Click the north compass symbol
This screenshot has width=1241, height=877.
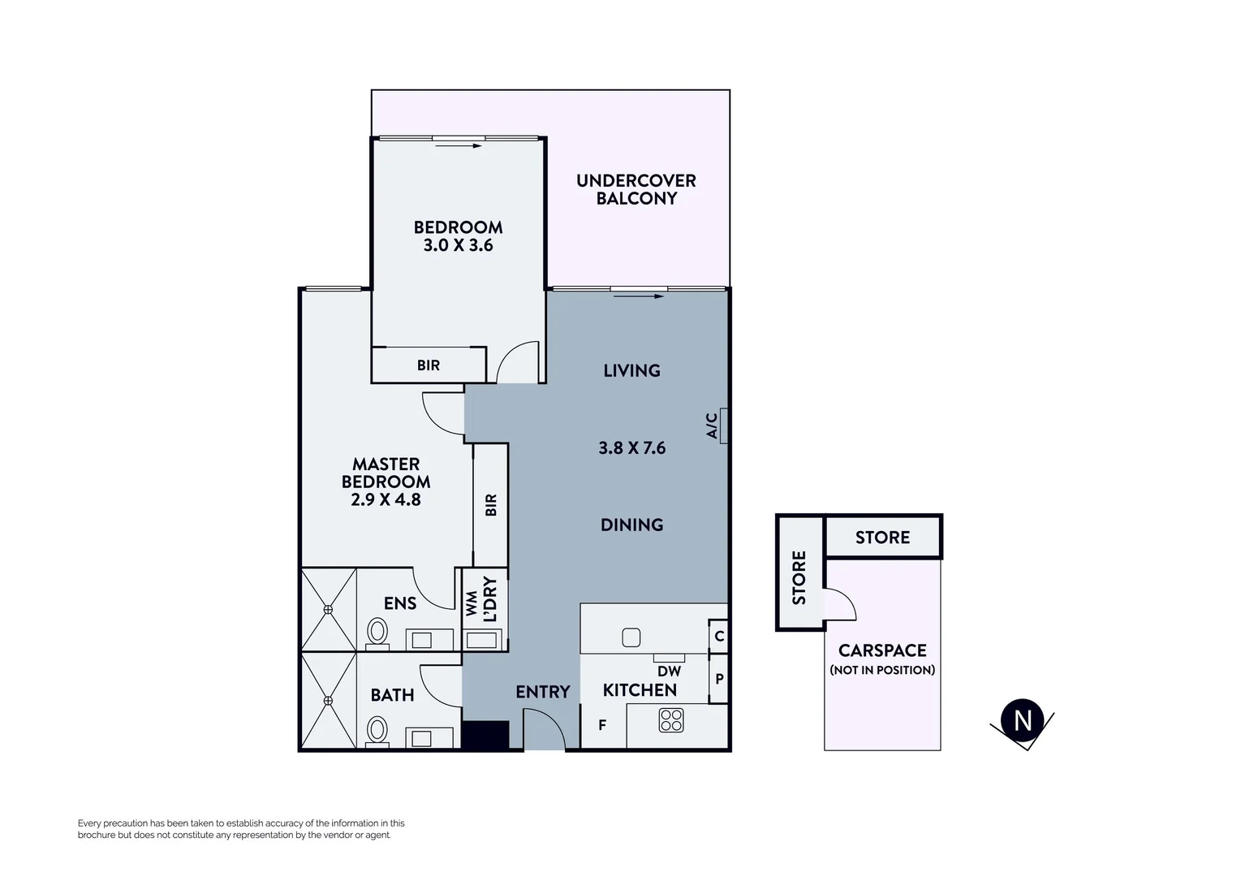click(1022, 719)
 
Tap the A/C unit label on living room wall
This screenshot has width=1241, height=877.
click(712, 426)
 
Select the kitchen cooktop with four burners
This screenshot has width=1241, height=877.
click(671, 720)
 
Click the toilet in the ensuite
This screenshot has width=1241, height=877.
click(377, 633)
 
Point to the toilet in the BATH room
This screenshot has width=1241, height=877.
click(377, 728)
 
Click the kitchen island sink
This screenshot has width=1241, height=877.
click(631, 637)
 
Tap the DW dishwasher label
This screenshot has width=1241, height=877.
click(669, 672)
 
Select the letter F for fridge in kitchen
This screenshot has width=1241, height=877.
click(602, 725)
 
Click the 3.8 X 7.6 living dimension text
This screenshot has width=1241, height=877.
click(631, 447)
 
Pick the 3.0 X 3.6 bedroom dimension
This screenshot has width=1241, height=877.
click(458, 245)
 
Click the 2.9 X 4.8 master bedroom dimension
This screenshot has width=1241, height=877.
click(386, 499)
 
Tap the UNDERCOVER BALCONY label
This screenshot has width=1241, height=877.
click(636, 189)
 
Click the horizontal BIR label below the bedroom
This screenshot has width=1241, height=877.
click(429, 365)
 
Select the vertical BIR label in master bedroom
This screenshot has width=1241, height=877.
click(490, 505)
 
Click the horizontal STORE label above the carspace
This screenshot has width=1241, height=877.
click(882, 538)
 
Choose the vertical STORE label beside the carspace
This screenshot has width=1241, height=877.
click(799, 577)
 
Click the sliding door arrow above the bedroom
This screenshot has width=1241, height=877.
click(458, 146)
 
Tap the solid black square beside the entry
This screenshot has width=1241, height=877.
click(485, 735)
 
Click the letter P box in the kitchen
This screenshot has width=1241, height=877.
click(719, 679)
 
